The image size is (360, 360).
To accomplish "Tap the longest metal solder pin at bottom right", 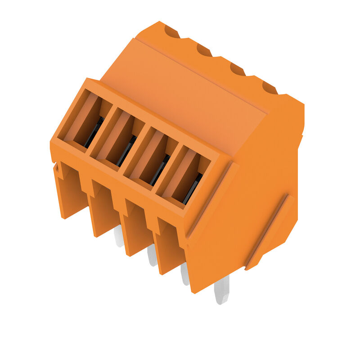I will tap(221, 290).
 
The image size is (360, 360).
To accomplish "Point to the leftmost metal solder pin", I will tap(118, 236).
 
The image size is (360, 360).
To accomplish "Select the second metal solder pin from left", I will tap(152, 256).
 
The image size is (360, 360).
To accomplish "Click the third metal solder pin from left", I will tap(185, 274).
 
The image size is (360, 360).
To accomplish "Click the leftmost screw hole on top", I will tap(171, 31).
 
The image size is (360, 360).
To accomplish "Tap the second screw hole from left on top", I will tap(204, 50).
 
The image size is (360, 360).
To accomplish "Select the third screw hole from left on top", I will tap(237, 69).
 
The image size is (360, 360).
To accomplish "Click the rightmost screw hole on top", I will tap(270, 87).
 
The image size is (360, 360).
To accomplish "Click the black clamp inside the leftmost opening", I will tap(94, 132).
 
